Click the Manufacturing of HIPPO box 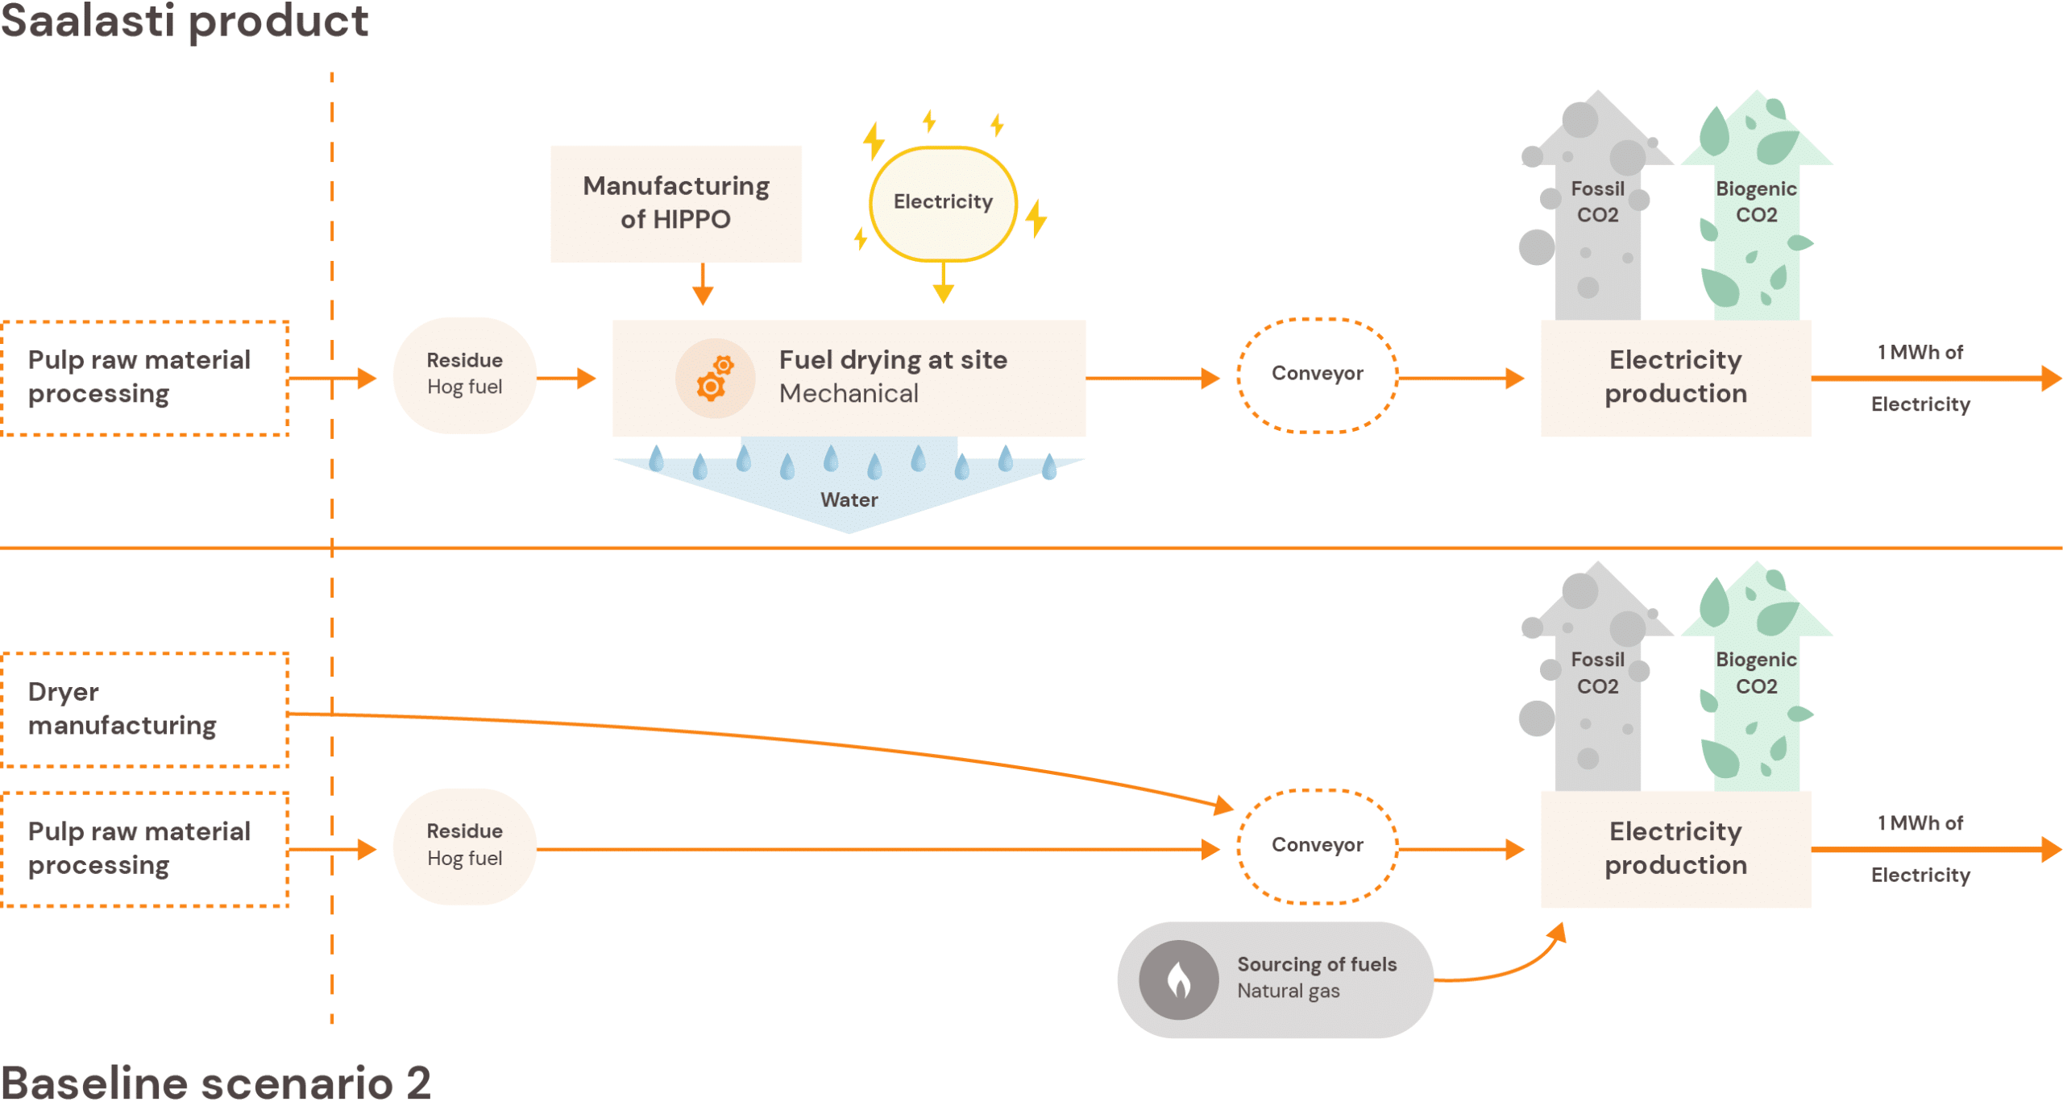pos(675,203)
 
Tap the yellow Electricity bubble pos(942,202)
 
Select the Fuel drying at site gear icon pos(714,378)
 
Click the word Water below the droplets pos(849,499)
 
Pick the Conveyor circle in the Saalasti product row pos(1317,375)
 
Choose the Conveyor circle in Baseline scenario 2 pos(1317,845)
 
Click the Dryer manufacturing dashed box pos(145,709)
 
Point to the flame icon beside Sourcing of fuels pos(1178,979)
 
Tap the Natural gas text pos(1288,991)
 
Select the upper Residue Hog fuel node pos(464,375)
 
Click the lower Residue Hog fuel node pos(464,845)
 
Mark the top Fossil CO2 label pos(1597,202)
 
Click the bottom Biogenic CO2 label pos(1755,673)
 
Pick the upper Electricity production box pos(1675,377)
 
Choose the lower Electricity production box pos(1675,848)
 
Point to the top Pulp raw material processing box pos(145,377)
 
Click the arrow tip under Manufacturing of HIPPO pos(703,296)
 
